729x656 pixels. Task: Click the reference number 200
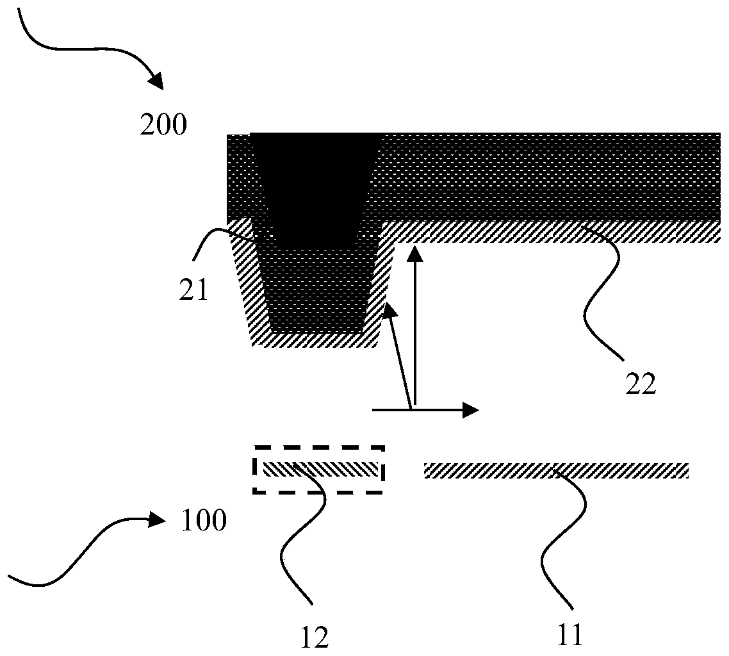(164, 124)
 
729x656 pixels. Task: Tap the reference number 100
(204, 520)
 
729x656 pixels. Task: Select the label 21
(193, 291)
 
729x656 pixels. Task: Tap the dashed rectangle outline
(319, 448)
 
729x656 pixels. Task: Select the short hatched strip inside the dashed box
(321, 468)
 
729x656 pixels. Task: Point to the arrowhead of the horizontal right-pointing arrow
(473, 410)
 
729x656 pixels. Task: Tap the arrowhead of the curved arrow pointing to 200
(156, 83)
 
